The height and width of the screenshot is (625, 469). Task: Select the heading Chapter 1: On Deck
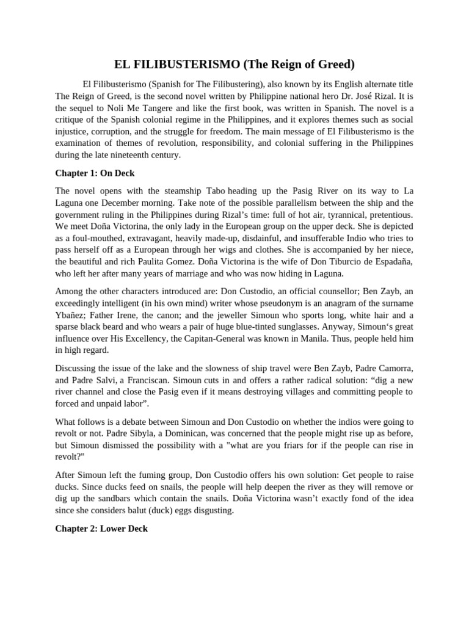coord(95,173)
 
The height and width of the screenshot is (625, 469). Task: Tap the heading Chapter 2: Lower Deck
coord(101,529)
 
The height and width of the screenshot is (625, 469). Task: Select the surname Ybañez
coord(72,315)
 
